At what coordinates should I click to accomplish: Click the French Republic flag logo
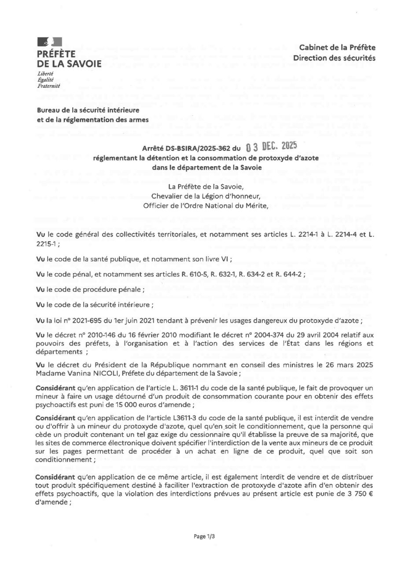point(49,42)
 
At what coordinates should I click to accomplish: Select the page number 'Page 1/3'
point(204,536)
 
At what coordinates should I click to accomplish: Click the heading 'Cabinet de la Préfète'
point(337,48)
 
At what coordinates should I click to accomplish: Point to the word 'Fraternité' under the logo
point(49,86)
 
